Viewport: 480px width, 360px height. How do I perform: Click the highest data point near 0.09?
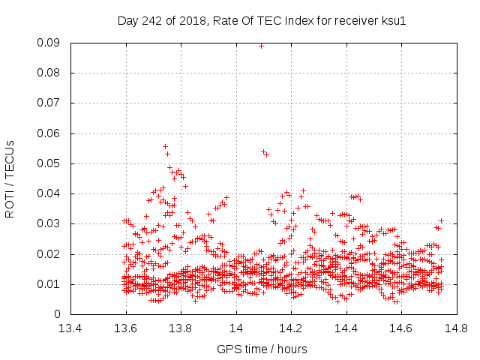coord(261,46)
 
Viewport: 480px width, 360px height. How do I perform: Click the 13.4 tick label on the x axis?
coord(71,328)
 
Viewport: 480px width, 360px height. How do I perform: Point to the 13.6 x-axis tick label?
coord(126,328)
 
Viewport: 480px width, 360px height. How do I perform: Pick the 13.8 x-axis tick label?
coord(181,328)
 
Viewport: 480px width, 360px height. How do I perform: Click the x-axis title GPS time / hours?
coord(262,349)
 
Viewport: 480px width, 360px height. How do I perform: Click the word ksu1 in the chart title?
coord(392,21)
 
